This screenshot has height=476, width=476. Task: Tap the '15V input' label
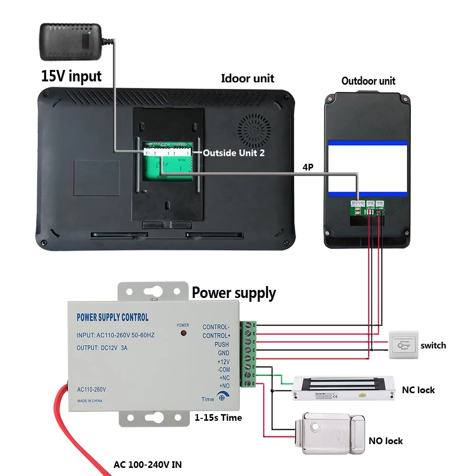pyautogui.click(x=71, y=76)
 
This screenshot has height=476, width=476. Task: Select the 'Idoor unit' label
pyautogui.click(x=248, y=79)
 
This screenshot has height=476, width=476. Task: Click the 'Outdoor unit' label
pyautogui.click(x=368, y=81)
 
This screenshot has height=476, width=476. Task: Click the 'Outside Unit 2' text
pyautogui.click(x=234, y=153)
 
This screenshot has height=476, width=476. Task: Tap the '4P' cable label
pyautogui.click(x=308, y=168)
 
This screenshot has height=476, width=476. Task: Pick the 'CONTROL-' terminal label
pyautogui.click(x=216, y=327)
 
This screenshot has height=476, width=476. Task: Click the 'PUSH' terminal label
pyautogui.click(x=221, y=344)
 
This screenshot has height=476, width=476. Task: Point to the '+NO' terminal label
pyautogui.click(x=224, y=386)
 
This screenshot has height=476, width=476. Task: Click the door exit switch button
pyautogui.click(x=403, y=345)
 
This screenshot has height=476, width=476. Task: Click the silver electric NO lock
pyautogui.click(x=328, y=430)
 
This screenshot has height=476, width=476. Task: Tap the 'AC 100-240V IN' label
pyautogui.click(x=148, y=464)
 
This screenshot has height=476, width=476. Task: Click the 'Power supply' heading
pyautogui.click(x=234, y=293)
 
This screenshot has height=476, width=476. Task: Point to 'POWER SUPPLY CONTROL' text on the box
pyautogui.click(x=113, y=317)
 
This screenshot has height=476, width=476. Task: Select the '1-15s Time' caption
pyautogui.click(x=218, y=417)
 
